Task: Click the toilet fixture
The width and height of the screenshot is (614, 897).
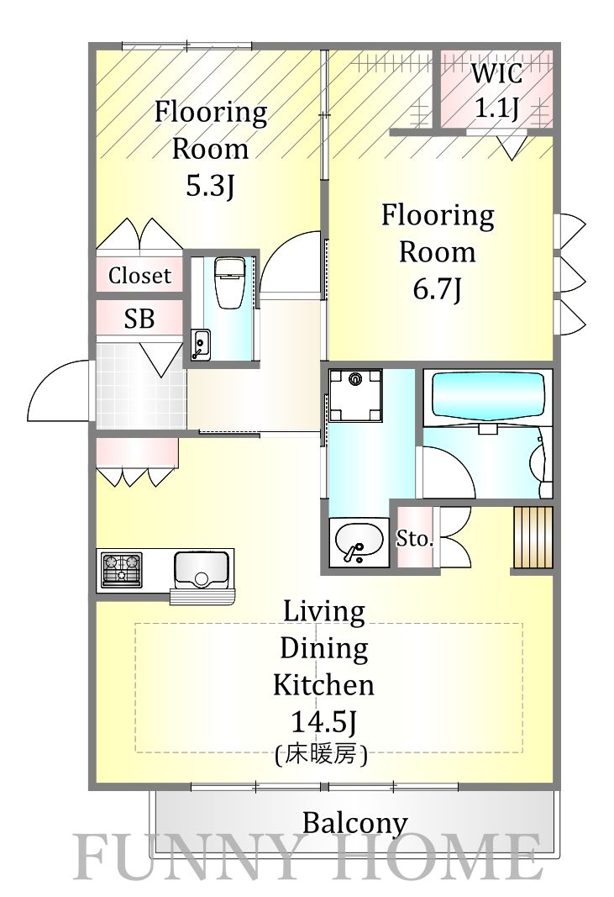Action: coord(229,281)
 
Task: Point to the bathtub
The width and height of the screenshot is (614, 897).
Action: coord(488,397)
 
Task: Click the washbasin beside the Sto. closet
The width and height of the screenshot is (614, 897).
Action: coord(359,541)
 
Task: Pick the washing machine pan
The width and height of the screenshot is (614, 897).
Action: coord(355,395)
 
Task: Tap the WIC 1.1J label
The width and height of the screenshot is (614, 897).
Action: coord(496,90)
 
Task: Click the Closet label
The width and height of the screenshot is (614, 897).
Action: coord(139,276)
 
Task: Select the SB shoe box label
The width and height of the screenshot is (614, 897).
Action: coord(139,318)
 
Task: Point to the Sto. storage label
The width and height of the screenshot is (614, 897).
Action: coord(414,538)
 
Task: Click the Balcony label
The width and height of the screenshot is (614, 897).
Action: coord(354,823)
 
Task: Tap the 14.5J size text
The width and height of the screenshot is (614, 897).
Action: coord(324,722)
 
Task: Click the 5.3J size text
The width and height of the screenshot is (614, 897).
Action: coord(210,185)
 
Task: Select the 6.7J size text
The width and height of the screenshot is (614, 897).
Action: coord(438,289)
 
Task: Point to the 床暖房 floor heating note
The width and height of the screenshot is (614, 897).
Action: coord(321,755)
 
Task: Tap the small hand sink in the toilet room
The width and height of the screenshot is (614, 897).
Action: coord(201,344)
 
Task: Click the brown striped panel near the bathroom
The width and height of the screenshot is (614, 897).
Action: coord(533,537)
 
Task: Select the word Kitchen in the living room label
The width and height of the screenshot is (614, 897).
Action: coord(323,685)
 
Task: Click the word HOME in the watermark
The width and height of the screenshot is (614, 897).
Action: coord(436,857)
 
